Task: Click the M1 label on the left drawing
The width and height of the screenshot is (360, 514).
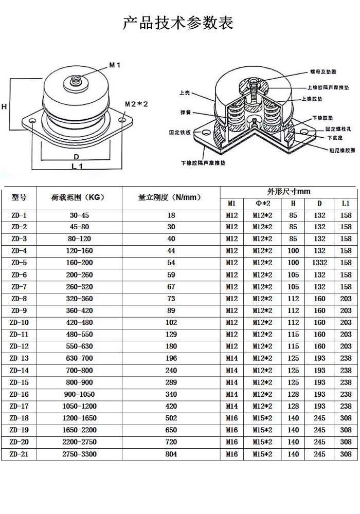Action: coord(114,65)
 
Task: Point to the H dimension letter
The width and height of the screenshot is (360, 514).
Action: coord(4,106)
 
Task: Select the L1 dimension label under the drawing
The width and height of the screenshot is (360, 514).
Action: coord(77,166)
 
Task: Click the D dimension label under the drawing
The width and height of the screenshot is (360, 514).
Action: coord(76,156)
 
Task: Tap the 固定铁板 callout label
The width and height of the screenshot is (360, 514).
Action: coord(181,132)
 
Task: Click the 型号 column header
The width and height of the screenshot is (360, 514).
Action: coord(19,197)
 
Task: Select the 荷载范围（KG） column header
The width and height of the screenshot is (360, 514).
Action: coord(79,197)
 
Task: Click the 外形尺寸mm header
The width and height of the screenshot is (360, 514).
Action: coord(289,191)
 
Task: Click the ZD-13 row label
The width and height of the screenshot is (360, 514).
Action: coord(19,358)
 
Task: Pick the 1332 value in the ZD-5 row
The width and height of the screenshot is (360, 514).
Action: coord(319,263)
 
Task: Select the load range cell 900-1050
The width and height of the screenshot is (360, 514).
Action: coord(79,394)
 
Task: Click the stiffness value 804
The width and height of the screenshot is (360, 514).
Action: coord(171,454)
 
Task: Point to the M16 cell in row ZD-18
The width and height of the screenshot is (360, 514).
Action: coord(232,418)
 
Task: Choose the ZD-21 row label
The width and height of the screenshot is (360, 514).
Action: coord(19,454)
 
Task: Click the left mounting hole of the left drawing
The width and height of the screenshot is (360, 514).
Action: coord(32,121)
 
